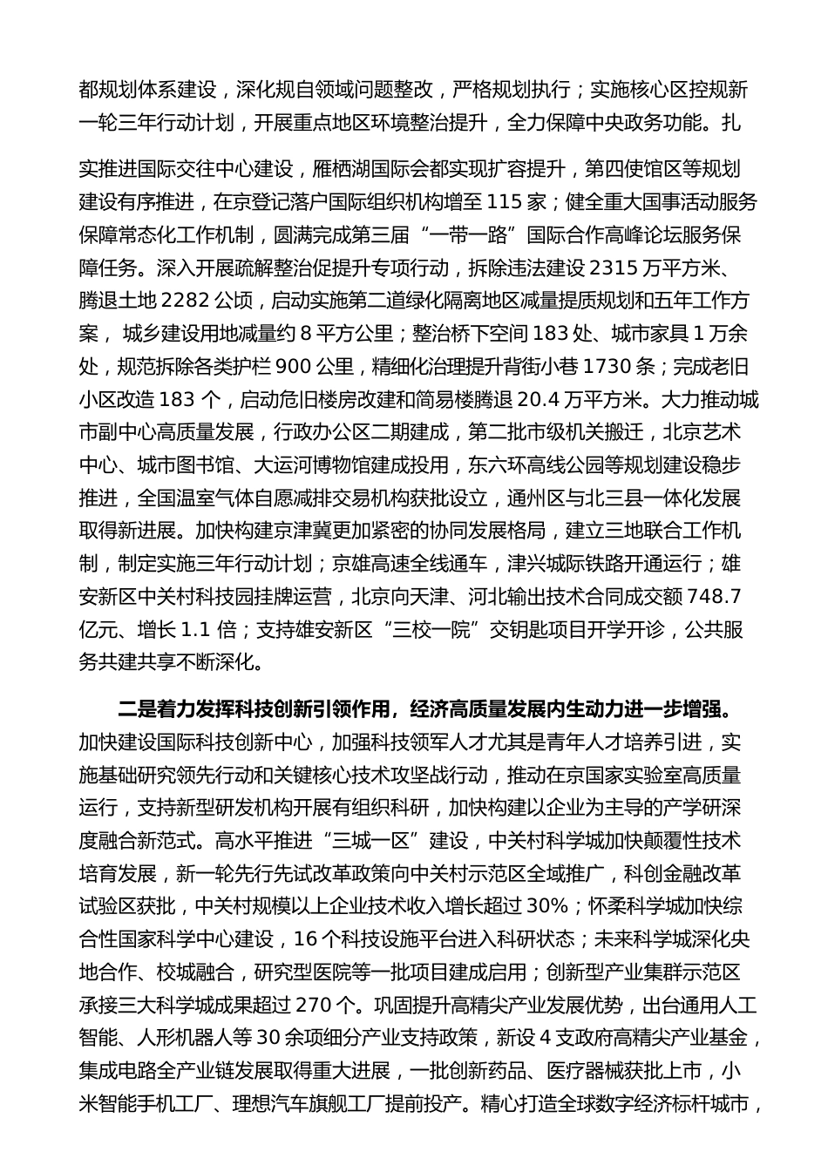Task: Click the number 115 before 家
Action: point(510,202)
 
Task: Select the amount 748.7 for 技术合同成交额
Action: point(714,597)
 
